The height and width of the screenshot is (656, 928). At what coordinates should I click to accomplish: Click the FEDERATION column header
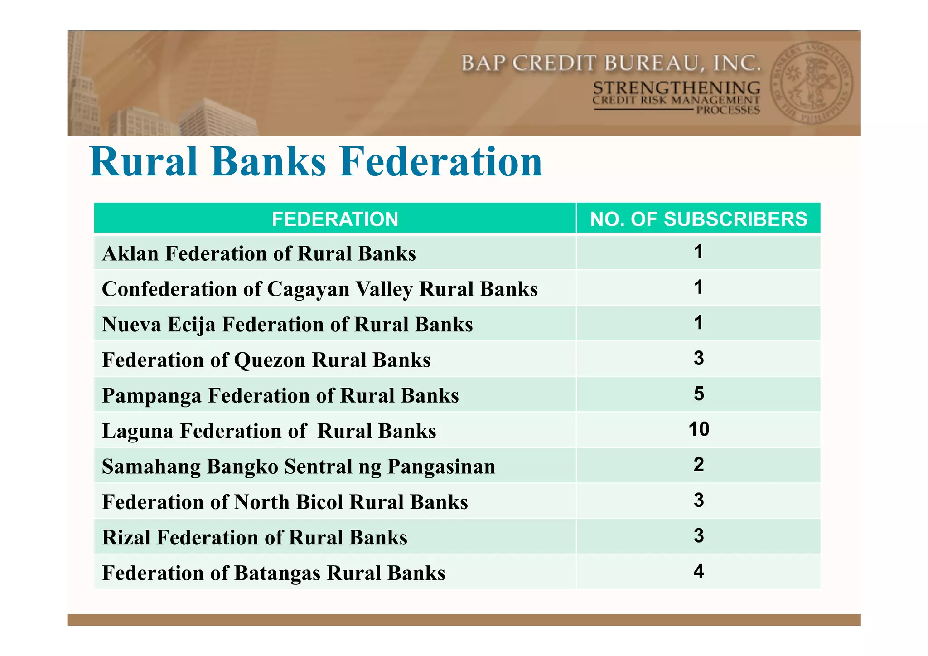pos(335,219)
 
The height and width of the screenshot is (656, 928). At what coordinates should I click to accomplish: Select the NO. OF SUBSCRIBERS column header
pos(698,219)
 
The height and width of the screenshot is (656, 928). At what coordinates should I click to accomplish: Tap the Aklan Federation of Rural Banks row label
pos(259,253)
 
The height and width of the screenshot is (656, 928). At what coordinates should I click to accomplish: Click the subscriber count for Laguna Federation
pos(698,429)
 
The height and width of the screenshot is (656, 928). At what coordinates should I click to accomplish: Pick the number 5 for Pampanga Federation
pos(698,394)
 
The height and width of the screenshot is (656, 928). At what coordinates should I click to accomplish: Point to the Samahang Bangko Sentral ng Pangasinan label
pos(299,466)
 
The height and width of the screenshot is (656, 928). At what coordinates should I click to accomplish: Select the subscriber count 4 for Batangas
pos(698,571)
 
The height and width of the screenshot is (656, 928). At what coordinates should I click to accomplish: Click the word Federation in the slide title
pos(441,162)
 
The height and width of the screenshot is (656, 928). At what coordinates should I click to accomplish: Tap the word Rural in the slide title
pos(144,162)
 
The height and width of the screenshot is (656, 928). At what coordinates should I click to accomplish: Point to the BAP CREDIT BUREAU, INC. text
pos(611,63)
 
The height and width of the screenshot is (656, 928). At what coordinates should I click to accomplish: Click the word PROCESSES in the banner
pos(728,110)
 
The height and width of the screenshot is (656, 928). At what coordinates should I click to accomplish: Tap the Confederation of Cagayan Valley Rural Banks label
pos(319,289)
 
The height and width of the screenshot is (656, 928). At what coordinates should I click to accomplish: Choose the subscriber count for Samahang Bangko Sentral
pos(698,465)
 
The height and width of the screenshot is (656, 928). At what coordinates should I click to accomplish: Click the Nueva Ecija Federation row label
pos(287,325)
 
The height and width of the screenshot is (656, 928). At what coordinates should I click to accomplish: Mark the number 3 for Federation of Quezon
pos(698,358)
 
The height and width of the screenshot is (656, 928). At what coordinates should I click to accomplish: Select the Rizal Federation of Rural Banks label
pos(254,538)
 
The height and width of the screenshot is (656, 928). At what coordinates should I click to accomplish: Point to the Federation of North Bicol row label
pos(285,502)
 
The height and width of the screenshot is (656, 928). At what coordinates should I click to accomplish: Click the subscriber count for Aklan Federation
pos(698,252)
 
